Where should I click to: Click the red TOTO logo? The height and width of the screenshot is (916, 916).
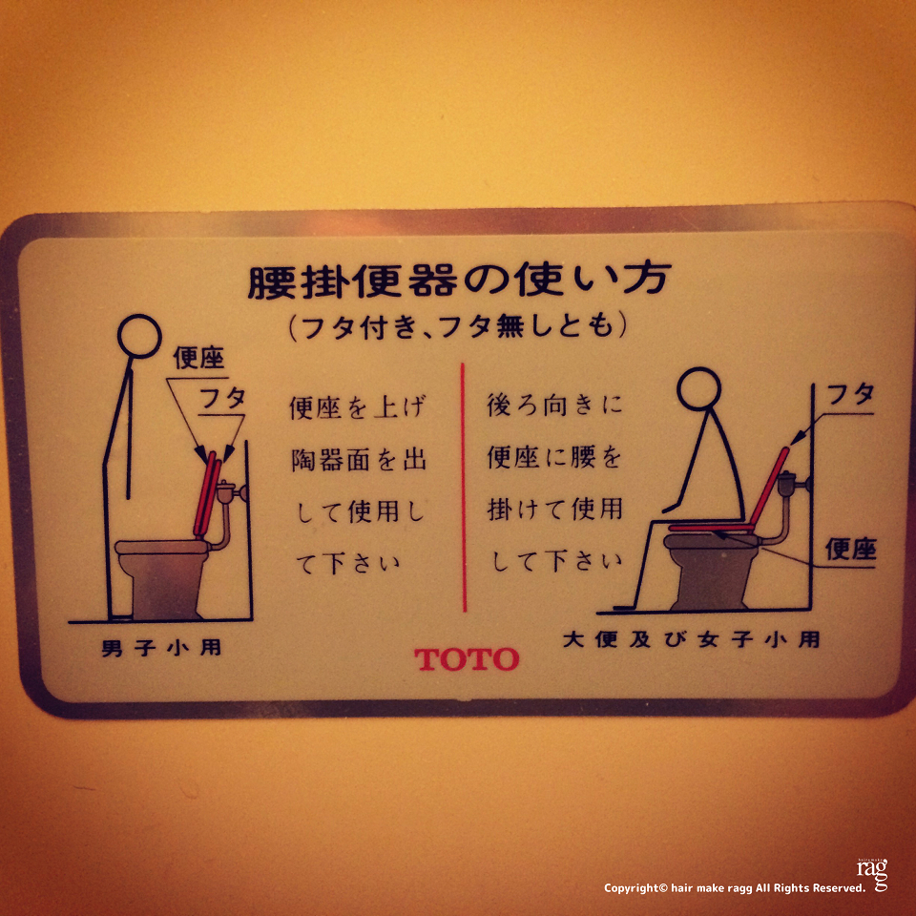pos(467,659)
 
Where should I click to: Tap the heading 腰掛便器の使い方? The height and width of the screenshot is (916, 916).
pos(459,281)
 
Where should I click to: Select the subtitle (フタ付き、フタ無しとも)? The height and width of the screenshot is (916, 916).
pos(458,326)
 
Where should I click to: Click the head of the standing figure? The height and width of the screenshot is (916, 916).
pos(139,337)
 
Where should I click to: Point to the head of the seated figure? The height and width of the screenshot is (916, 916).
pos(698,388)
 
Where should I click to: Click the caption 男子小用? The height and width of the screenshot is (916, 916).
pos(162,648)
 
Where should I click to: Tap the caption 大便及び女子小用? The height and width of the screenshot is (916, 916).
pos(691,639)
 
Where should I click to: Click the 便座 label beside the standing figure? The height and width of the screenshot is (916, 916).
pos(198,358)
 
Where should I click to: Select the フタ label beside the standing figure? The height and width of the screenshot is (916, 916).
pos(222,398)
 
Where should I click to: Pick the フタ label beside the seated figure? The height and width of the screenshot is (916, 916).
pos(851,395)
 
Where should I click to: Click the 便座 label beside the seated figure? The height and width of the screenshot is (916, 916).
pos(850,550)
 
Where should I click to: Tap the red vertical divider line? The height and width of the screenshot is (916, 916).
pos(464,488)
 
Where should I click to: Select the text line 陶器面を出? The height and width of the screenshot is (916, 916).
pos(359,460)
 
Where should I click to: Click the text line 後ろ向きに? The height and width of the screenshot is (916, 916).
pos(555,405)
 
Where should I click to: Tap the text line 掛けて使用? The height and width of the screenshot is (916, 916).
pos(555,510)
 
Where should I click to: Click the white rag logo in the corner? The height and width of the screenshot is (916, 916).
pos(872,873)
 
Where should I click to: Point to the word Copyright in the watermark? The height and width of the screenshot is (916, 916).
pos(631,888)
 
